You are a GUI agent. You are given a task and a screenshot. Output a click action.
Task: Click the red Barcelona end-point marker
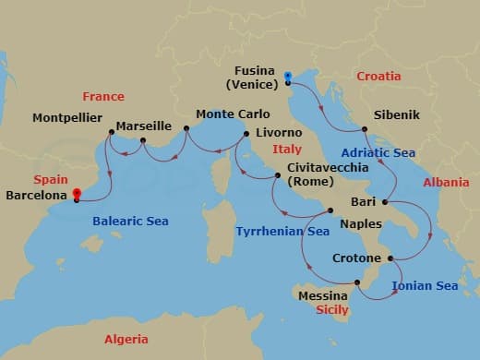[77, 194]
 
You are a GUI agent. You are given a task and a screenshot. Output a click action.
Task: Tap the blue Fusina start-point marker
[288, 76]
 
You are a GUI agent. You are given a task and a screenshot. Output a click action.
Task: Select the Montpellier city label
[67, 118]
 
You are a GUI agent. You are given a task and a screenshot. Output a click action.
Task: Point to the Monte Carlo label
[229, 116]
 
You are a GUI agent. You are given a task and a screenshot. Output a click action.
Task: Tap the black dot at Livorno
[246, 135]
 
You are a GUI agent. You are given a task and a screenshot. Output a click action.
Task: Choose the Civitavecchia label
[324, 168]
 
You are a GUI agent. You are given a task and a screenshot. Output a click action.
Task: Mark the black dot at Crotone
[392, 258]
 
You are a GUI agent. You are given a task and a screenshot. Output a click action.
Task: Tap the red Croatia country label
[378, 77]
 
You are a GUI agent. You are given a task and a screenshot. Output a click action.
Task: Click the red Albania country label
[446, 183]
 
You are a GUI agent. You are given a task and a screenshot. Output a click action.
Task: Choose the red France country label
[102, 96]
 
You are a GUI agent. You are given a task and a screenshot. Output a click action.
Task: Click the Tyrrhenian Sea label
[282, 231]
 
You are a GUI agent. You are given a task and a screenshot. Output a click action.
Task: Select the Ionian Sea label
[425, 286]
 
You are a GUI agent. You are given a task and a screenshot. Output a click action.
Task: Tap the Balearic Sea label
[130, 221]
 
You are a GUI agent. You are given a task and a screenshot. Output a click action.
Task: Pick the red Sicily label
[332, 310]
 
